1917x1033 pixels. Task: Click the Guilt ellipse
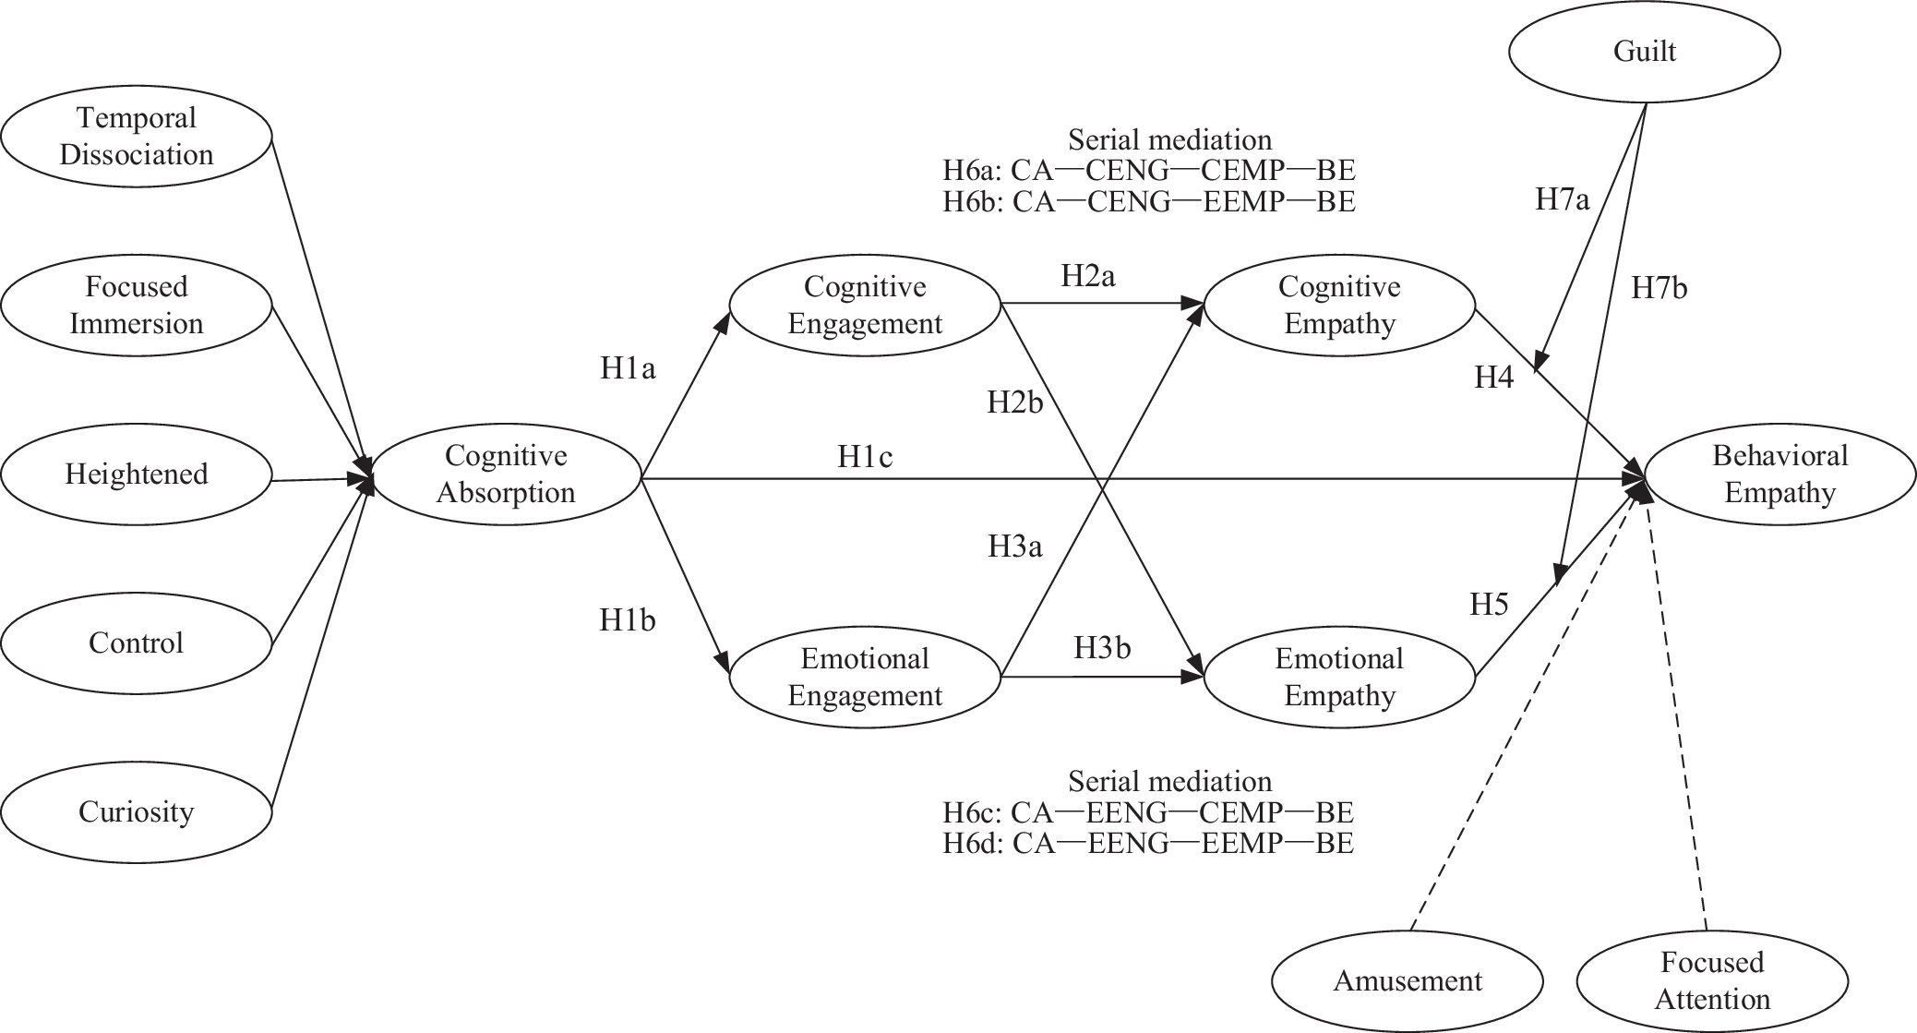click(x=1644, y=52)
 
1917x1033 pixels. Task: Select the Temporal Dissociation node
click(x=137, y=136)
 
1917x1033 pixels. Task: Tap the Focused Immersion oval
click(x=137, y=305)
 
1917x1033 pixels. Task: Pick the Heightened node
click(x=137, y=474)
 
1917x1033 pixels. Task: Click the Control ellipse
click(x=137, y=643)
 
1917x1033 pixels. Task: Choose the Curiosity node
click(x=137, y=811)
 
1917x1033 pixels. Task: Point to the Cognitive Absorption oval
click(x=506, y=474)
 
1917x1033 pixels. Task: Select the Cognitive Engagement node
click(x=865, y=305)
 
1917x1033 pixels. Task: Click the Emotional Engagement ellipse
click(x=865, y=677)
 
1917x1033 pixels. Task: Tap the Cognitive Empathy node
click(x=1339, y=305)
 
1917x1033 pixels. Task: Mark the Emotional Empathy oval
click(x=1339, y=677)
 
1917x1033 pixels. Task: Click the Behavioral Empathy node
click(x=1779, y=474)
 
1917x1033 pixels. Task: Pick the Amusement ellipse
click(x=1408, y=980)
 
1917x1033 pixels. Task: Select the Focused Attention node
click(x=1712, y=980)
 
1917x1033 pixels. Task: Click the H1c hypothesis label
click(x=865, y=456)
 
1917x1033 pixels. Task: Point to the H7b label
click(x=1659, y=289)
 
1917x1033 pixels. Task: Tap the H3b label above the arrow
click(x=1102, y=648)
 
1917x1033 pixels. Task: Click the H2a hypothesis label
click(x=1087, y=276)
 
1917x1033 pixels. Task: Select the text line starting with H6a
click(x=1149, y=171)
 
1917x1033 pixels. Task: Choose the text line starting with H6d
click(x=1148, y=843)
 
